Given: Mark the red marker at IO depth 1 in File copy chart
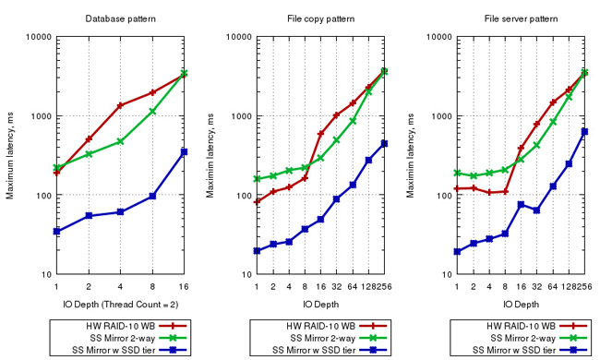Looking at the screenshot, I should tap(257, 201).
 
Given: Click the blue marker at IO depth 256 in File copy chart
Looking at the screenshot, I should tap(384, 143).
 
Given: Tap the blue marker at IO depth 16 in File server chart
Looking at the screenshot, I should tap(521, 205).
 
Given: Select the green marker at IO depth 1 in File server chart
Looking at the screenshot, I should tap(457, 173).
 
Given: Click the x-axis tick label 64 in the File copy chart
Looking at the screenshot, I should tap(353, 286).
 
